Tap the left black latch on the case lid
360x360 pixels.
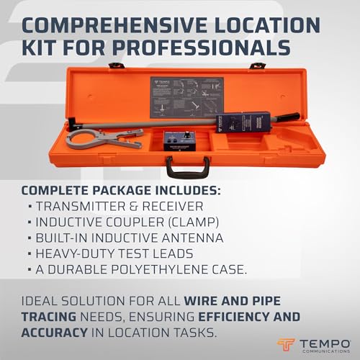point(116,66)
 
